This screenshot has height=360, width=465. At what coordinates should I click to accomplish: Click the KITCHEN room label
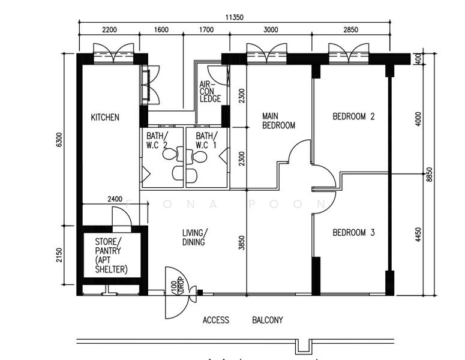point(105,118)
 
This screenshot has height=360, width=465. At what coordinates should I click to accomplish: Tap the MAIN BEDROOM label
point(278,121)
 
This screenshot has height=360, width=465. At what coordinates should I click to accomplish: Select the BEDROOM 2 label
point(353,117)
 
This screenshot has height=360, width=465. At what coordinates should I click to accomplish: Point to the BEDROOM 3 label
point(353,232)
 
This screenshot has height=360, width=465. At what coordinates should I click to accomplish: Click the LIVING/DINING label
point(196,238)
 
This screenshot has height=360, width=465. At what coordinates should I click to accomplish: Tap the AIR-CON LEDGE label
point(210,92)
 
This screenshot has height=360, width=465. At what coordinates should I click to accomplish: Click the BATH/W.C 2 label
point(158,140)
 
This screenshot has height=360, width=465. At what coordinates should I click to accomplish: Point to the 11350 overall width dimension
point(235,18)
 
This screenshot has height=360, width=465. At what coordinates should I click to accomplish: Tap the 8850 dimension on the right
point(429,174)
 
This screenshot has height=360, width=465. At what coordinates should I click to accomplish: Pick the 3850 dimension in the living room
point(241,242)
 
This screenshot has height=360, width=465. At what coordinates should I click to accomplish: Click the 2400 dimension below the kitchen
point(115,199)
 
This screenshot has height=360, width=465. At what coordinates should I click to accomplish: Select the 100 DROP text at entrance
point(177,286)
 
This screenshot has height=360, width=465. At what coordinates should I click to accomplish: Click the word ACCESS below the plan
point(215,320)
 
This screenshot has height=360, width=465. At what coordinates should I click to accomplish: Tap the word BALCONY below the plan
point(267,320)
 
